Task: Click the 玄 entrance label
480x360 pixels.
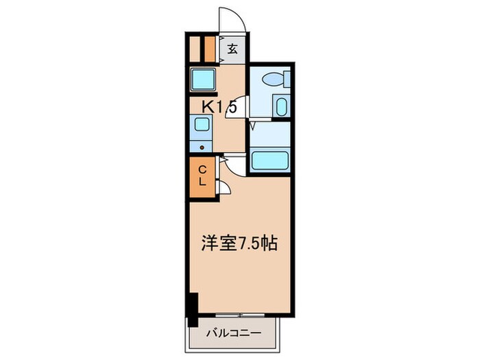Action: point(233,49)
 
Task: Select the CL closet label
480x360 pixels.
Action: point(203,176)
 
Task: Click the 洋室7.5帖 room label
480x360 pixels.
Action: point(239,243)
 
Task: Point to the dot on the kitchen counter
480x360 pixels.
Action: point(201,145)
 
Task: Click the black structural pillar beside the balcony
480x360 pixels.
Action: point(193,309)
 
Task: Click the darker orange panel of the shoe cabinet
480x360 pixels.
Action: point(208,48)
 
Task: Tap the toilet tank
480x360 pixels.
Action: point(287,78)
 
